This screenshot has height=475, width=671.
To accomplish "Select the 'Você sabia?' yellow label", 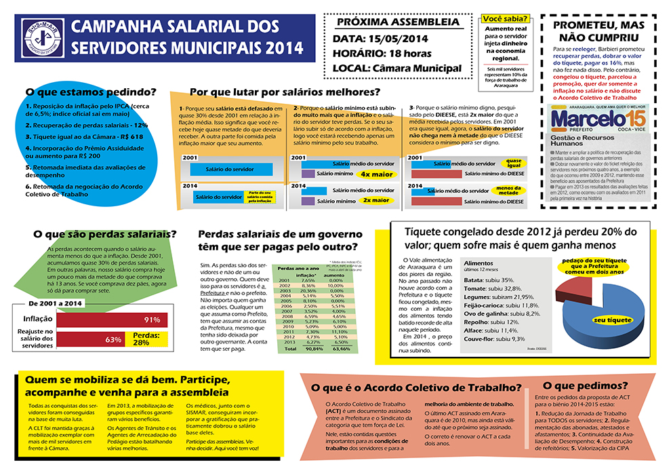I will (505, 19).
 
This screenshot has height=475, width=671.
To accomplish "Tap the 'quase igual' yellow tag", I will (514, 163).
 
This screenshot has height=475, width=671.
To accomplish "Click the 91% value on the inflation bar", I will (151, 320).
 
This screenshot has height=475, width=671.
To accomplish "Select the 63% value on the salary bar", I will (113, 339).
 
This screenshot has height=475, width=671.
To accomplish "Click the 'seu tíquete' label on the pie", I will (608, 320).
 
